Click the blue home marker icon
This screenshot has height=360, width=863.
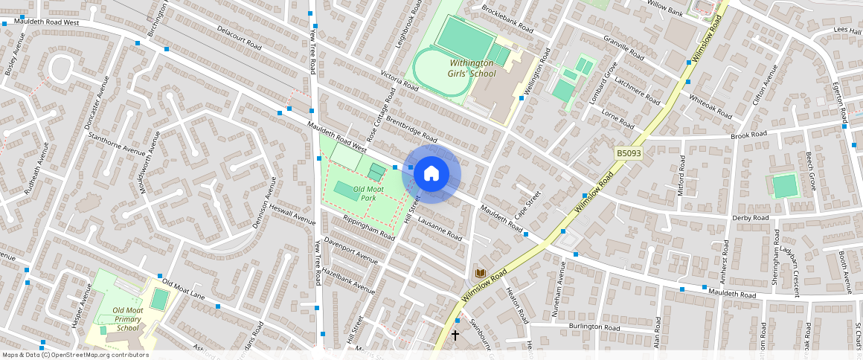431,174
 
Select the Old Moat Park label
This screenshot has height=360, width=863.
368,193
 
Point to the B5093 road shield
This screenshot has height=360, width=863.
628,152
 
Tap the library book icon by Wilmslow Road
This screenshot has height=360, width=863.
481,273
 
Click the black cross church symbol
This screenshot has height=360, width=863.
455,335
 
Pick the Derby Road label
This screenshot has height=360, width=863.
750,218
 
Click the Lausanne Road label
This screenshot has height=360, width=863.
440,229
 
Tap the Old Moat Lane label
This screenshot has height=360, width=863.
183,289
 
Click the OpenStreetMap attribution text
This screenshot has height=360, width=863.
75,355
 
